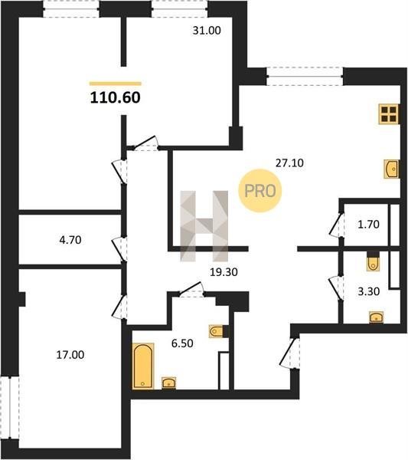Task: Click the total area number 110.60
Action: pos(115,97)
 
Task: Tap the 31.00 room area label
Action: pos(207,31)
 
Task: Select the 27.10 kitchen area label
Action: pos(289,163)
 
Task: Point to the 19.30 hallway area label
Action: pos(224,272)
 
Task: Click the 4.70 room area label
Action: pos(70,240)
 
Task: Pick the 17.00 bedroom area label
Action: pos(70,355)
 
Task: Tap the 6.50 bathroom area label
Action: pos(182,343)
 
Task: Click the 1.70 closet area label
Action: pos(368,225)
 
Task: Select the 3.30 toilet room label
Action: pos(369,291)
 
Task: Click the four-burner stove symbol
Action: pos(389,114)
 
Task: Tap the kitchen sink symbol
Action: pos(392,169)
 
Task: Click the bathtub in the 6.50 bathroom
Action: pos(143,366)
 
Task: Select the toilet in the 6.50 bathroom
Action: pos(217,331)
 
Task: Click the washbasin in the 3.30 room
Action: pos(377,317)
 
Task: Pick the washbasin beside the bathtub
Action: pos(168,383)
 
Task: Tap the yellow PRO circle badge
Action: pos(260,191)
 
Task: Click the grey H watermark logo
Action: pos(204,226)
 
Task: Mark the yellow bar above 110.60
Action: pos(116,84)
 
